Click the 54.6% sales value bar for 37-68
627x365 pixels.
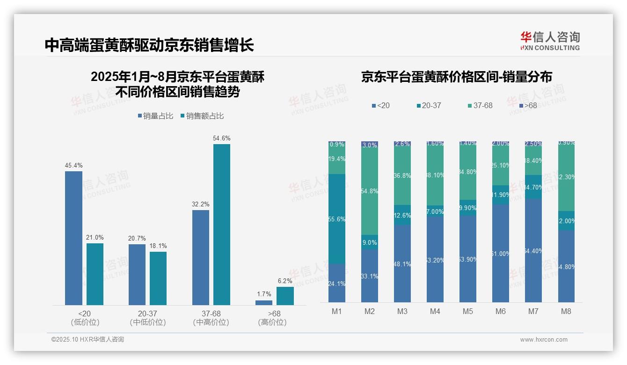click(x=222, y=225)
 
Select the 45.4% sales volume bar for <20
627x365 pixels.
click(x=73, y=238)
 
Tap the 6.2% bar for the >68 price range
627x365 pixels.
click(x=285, y=296)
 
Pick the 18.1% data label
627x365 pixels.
click(x=158, y=246)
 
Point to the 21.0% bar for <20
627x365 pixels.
click(x=95, y=274)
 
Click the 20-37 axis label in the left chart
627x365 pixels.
click(x=147, y=314)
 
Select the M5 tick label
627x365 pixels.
click(x=467, y=311)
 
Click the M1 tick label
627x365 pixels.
click(x=337, y=311)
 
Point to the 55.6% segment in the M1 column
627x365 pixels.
click(x=337, y=219)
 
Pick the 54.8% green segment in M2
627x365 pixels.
click(x=370, y=191)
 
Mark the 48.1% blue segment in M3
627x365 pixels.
click(x=402, y=264)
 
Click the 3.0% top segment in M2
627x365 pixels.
click(x=370, y=145)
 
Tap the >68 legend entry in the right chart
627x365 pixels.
click(x=528, y=106)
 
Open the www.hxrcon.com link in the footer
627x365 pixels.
click(x=544, y=340)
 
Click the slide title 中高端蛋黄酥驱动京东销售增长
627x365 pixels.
click(x=149, y=45)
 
